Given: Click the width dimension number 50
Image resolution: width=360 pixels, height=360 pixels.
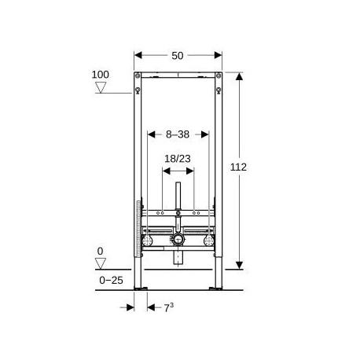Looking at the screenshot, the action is pos(178,56).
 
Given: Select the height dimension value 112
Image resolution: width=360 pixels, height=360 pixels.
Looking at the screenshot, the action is pos(238,167).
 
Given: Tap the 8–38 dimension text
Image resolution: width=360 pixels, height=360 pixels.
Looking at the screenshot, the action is pos(178,134).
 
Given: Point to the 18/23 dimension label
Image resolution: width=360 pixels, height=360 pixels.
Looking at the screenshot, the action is pos(178,159).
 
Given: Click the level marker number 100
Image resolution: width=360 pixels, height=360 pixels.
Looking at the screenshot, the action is pos(100,75).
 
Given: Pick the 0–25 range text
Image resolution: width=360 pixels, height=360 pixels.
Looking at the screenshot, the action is pos(111,281).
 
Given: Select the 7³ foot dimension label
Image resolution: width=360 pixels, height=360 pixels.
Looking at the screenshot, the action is pos(169,307).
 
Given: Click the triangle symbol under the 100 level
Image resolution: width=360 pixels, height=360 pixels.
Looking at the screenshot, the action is pos(101,87).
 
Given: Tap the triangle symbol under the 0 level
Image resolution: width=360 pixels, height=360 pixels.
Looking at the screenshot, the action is pos(101,263).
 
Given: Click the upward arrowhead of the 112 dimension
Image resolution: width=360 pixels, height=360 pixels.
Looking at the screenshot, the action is pos(239,76).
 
